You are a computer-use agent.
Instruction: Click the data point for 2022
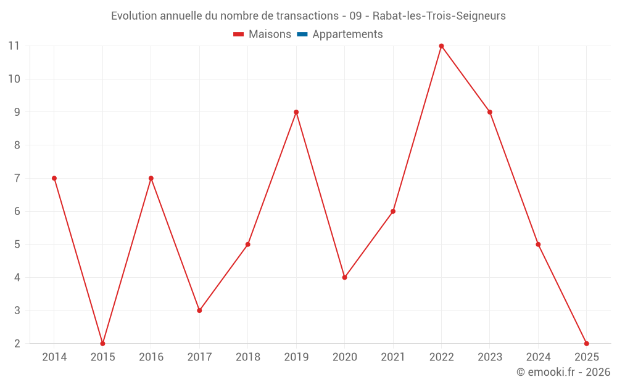(441, 46)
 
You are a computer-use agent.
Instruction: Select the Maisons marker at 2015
(102, 343)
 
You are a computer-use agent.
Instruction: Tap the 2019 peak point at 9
(296, 112)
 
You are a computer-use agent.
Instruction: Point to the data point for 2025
(586, 343)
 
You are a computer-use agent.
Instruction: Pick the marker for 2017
(199, 310)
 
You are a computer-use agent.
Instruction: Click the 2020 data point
(344, 277)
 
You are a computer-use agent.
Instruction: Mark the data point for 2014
(54, 178)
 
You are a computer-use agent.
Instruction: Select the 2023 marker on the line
(490, 112)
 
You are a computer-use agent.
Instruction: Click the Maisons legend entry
(262, 34)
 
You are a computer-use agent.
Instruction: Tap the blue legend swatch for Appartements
(302, 34)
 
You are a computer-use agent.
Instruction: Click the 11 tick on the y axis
(14, 46)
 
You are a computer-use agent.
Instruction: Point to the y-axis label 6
(17, 211)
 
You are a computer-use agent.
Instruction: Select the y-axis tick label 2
(17, 344)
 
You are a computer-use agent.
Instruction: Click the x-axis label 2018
(247, 357)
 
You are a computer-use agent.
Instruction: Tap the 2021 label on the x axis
(393, 357)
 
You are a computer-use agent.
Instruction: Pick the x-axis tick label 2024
(538, 357)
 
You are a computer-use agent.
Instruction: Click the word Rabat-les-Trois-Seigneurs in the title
(439, 16)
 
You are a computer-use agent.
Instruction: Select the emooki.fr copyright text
(563, 372)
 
